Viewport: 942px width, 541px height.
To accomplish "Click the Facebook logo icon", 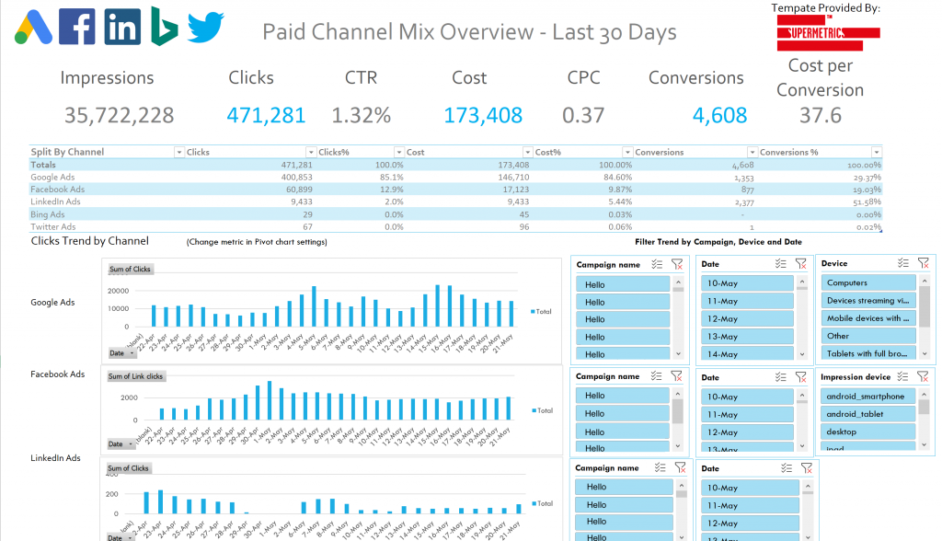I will (77, 28).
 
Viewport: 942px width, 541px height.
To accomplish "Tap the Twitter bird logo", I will (206, 28).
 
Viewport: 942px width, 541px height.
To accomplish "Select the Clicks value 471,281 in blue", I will (267, 115).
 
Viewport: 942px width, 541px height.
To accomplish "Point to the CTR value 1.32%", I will (362, 115).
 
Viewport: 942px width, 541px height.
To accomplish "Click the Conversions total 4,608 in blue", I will (719, 115).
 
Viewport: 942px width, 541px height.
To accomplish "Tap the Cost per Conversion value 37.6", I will (821, 115).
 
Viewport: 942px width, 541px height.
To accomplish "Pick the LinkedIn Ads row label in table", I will (55, 201).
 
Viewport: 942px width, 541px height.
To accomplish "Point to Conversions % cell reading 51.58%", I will (862, 201).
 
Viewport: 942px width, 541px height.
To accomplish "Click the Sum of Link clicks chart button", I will (135, 376).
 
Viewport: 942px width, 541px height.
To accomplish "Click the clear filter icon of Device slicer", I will (923, 264).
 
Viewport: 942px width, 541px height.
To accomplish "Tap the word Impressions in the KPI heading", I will (107, 78).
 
